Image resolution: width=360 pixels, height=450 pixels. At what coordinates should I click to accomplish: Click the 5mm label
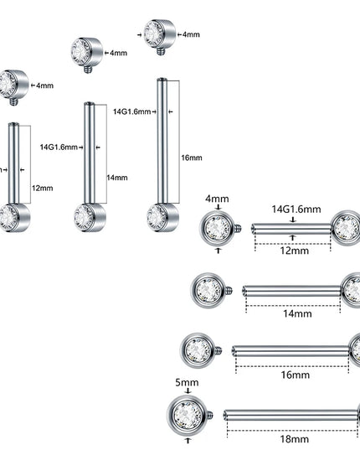[187, 382]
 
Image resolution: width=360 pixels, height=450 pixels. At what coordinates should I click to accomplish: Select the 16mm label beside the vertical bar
[192, 158]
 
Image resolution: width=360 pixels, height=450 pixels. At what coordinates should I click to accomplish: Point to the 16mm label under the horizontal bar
[296, 375]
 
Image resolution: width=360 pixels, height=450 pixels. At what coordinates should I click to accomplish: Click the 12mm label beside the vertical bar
[43, 189]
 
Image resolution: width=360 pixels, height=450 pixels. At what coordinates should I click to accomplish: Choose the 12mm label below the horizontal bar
[295, 251]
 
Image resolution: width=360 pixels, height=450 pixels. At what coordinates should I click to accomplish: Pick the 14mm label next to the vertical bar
[117, 178]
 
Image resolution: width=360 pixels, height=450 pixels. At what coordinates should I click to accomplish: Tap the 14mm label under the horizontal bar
[297, 313]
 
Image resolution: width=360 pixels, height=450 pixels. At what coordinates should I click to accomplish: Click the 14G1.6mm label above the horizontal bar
[296, 209]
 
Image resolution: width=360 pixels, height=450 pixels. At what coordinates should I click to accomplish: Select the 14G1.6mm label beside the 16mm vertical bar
[131, 111]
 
